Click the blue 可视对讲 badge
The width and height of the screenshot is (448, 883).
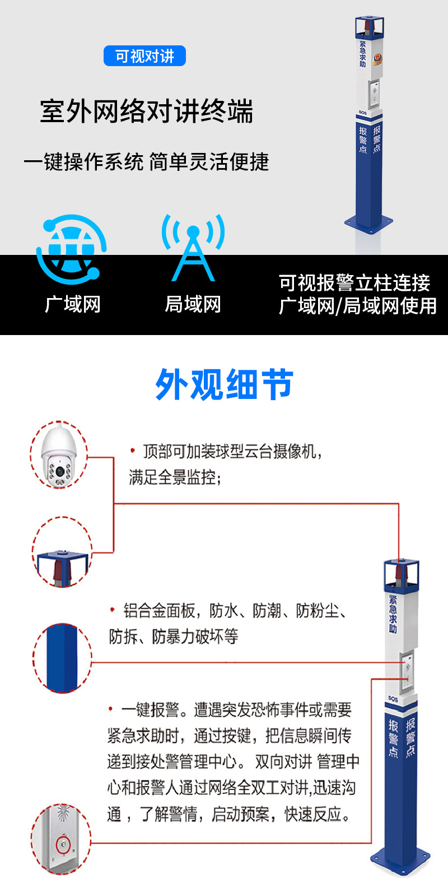tap(144, 56)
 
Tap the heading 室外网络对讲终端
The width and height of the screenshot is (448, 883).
tap(147, 111)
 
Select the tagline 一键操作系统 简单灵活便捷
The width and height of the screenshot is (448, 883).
tap(146, 161)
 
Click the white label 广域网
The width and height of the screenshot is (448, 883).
tap(73, 304)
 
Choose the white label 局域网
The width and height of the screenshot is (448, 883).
tap(193, 304)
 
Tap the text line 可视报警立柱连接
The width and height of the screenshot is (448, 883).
tap(354, 283)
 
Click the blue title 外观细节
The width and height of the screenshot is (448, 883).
tap(224, 384)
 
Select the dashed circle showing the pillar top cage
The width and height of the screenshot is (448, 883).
tap(62, 555)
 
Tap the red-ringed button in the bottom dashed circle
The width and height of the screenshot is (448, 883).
tap(63, 843)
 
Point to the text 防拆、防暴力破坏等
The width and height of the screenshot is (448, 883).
tap(174, 636)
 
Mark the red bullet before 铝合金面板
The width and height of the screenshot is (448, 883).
tap(112, 610)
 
